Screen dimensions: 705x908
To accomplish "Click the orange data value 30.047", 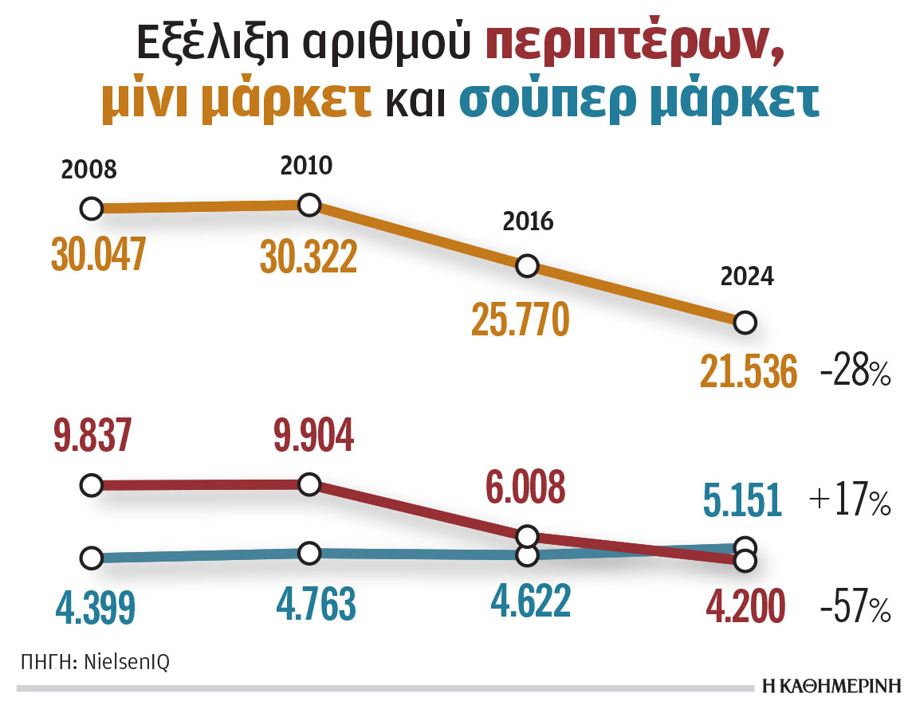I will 99,254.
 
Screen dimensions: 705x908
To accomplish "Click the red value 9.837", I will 92,436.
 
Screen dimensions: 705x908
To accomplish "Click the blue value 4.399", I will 96,605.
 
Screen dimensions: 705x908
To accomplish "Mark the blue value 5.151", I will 742,501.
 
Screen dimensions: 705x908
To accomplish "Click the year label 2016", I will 528,221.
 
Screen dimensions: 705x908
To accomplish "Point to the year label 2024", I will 746,276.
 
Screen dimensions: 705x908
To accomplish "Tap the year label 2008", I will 89,170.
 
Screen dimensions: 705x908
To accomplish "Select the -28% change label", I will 855,373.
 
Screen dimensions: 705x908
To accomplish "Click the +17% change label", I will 850,502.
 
